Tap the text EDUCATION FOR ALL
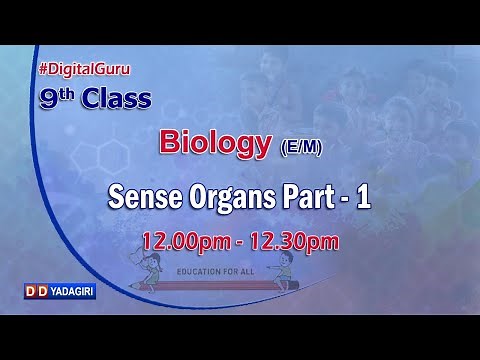241,270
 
